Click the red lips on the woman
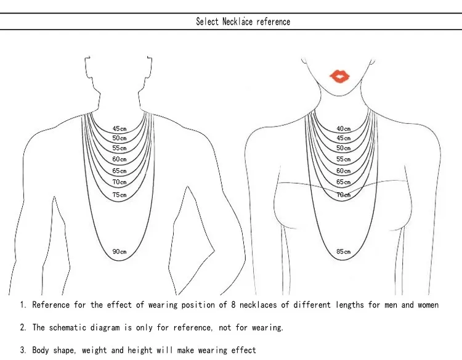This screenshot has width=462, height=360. tap(339, 76)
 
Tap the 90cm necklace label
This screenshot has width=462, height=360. tap(120, 252)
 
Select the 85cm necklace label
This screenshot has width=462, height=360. tap(344, 252)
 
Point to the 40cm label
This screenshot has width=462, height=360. tap(344, 129)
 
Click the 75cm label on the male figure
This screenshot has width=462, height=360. tap(120, 195)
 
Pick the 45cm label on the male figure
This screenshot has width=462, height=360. tap(120, 129)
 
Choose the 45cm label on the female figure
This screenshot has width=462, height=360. tap(344, 138)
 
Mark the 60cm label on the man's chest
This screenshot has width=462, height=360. tap(120, 159)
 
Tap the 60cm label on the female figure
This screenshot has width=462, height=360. tap(344, 171)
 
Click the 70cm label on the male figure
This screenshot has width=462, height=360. tap(120, 182)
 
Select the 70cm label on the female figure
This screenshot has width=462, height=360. tap(344, 195)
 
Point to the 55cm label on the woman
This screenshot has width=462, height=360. tap(344, 159)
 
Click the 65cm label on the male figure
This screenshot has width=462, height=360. tap(120, 171)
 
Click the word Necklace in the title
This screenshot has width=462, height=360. tap(238, 22)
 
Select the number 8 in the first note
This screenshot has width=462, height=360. tap(233, 305)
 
